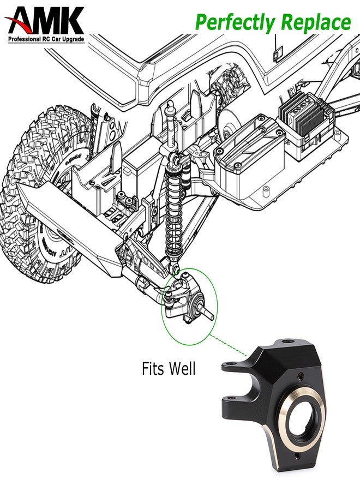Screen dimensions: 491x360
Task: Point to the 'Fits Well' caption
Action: point(168,369)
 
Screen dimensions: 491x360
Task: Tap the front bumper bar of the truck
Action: point(71,224)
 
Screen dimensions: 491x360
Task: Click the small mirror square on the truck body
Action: point(278,53)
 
